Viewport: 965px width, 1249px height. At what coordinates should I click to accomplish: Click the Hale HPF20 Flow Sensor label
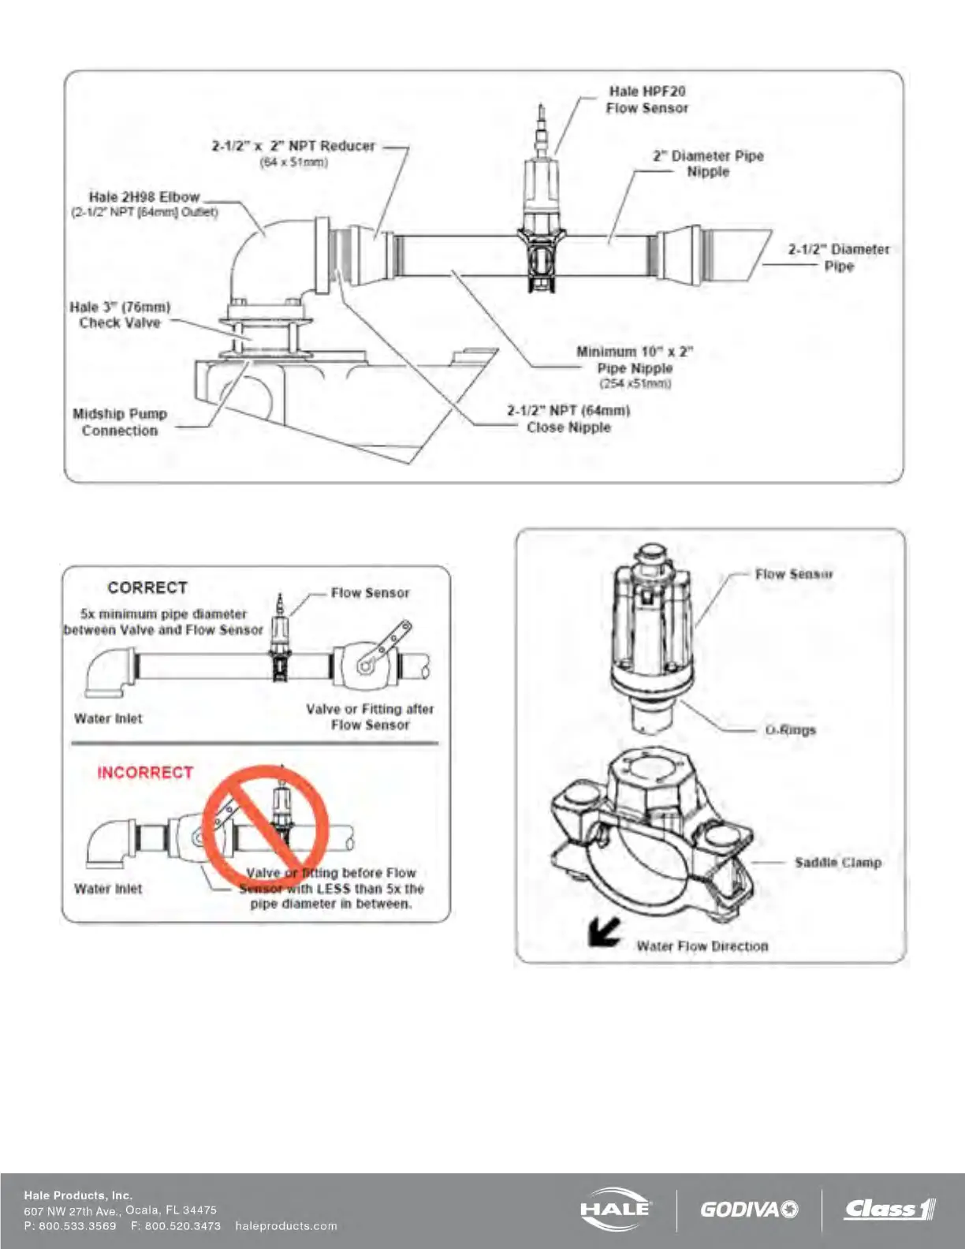coord(646,100)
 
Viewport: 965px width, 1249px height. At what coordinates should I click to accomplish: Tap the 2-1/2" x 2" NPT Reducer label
coord(293,147)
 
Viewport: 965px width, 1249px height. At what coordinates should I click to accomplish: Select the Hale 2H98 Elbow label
coord(144,198)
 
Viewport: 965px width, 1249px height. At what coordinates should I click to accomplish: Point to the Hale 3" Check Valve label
coord(120,315)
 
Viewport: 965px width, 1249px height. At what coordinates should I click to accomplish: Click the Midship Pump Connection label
coord(120,422)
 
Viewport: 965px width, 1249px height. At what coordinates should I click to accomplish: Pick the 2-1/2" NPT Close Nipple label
coord(568,419)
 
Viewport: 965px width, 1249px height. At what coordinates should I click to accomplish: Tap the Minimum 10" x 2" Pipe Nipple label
coord(635,360)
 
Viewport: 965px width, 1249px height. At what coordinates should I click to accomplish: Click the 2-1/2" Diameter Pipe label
coord(839,258)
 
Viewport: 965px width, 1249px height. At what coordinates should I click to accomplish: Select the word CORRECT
coord(147,588)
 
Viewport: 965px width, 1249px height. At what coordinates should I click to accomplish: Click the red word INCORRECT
coord(145,773)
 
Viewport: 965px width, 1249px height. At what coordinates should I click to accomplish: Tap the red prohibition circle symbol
coord(265,826)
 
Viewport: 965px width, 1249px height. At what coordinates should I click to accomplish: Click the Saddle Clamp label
coord(837,863)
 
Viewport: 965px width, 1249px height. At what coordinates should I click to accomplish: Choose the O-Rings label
coord(790,730)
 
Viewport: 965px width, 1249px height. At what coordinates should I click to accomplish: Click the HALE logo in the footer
coord(615,1209)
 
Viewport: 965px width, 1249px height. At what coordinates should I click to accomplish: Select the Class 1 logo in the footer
coord(889,1209)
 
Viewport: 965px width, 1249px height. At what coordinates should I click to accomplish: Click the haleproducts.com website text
coord(286,1226)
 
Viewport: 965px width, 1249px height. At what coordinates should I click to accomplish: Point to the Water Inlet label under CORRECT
coord(108,718)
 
